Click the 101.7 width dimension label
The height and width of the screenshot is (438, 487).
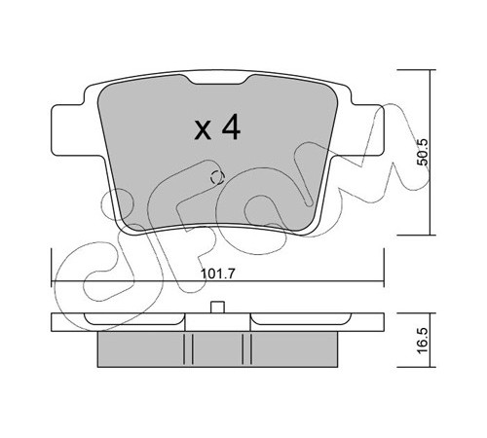pyautogui.click(x=217, y=274)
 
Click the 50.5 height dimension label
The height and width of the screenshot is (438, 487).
pyautogui.click(x=423, y=152)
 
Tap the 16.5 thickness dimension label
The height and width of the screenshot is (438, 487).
pyautogui.click(x=423, y=341)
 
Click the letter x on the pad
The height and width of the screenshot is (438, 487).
pyautogui.click(x=203, y=131)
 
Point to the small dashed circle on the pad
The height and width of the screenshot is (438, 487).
pyautogui.click(x=217, y=177)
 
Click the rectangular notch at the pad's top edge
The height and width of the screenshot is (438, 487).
pyautogui.click(x=218, y=80)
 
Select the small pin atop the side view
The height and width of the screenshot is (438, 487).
pyautogui.click(x=217, y=308)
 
